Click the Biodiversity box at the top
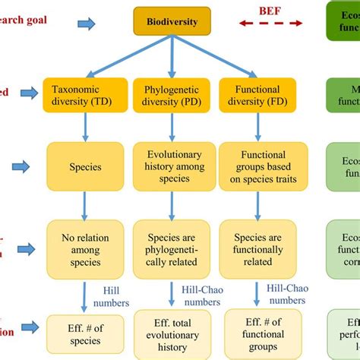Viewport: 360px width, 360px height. [x=172, y=22]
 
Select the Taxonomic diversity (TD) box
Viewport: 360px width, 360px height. [x=85, y=94]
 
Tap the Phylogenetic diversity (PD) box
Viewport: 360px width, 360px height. [x=172, y=94]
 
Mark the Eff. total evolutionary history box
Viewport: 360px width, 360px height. [x=172, y=334]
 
